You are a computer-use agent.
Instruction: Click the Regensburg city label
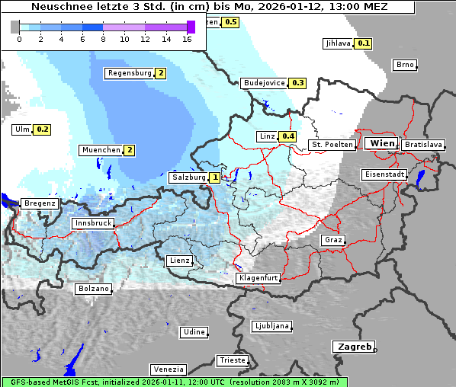tap(128, 73)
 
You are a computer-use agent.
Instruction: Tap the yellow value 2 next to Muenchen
tap(130, 150)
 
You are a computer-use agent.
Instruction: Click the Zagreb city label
tap(353, 347)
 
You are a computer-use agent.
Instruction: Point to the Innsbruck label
tap(92, 223)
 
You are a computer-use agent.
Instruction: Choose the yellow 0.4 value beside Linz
tap(287, 136)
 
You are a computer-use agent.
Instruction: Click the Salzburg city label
tap(188, 178)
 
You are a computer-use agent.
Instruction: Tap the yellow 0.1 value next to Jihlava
tap(364, 43)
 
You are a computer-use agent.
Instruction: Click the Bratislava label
tap(423, 144)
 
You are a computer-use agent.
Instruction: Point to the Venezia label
tap(167, 369)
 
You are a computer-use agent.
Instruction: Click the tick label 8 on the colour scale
tap(103, 39)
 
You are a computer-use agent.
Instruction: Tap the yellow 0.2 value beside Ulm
tap(42, 130)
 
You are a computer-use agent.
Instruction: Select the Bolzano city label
tap(94, 289)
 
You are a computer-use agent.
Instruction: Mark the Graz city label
tap(332, 240)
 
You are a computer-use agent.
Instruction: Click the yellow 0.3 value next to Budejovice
tap(297, 83)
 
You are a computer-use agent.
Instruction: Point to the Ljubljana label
tap(271, 326)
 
